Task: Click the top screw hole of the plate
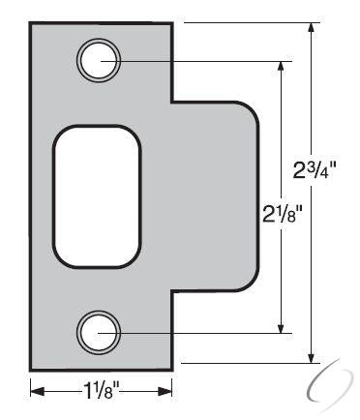(x=99, y=60)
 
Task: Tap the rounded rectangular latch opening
(x=97, y=196)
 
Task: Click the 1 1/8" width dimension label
(x=102, y=391)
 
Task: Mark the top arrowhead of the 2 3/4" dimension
(x=311, y=27)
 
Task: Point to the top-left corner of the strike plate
(x=32, y=25)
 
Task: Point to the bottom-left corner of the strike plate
(x=32, y=369)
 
